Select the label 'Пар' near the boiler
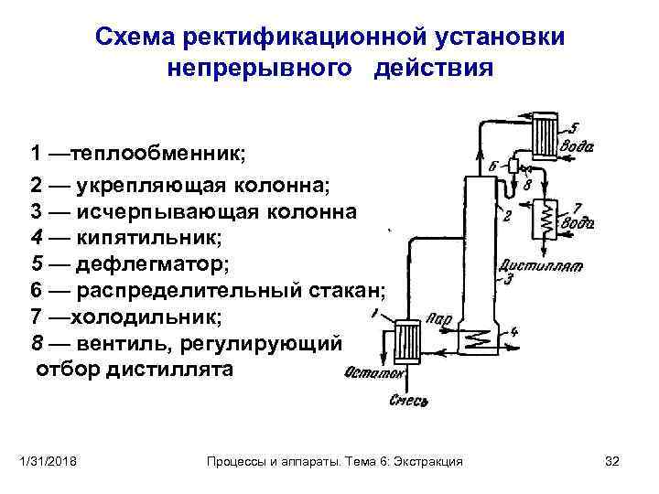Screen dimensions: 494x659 [x=438, y=319]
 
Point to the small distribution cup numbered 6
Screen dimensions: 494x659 [x=514, y=166]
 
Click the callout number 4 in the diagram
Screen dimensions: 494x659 [x=514, y=331]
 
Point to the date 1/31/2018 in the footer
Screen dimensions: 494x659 [x=51, y=462]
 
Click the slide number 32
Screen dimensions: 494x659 [x=613, y=462]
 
